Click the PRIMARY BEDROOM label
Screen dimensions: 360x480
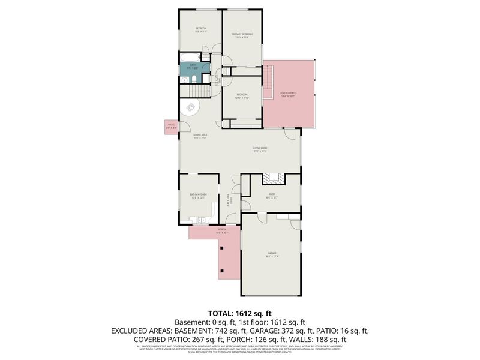click(243, 35)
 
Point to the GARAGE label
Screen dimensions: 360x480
click(272, 254)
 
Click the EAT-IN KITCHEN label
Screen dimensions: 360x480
click(198, 195)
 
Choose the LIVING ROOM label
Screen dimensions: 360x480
click(260, 148)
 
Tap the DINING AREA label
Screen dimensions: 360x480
click(200, 136)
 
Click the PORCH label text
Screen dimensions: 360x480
click(222, 230)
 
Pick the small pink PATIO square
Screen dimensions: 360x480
click(171, 126)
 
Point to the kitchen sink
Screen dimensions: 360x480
click(202, 221)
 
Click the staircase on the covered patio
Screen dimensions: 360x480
click(269, 76)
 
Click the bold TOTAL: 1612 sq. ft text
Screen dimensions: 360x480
click(240, 313)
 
